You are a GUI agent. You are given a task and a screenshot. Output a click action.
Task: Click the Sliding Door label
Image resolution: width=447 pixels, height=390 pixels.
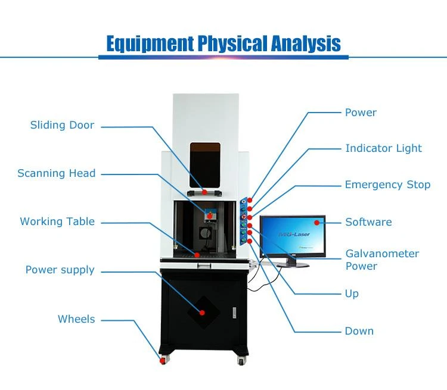62,125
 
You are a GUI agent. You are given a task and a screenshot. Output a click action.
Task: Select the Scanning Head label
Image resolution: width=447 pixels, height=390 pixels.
57,173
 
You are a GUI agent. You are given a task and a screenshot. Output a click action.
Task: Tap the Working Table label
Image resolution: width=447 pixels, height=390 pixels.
57,221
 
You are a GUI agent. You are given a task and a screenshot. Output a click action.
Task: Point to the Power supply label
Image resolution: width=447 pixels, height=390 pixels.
60,270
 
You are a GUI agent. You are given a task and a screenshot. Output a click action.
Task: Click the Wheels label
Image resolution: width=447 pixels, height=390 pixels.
76,319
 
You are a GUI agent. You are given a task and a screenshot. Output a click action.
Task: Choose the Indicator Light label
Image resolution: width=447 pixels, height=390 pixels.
383,148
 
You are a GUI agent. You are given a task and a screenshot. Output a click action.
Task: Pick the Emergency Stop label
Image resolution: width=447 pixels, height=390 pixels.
387,185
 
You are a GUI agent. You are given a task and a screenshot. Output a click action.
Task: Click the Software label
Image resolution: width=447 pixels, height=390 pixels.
368,222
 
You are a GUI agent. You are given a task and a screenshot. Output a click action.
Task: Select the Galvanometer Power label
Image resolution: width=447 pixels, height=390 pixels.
382,260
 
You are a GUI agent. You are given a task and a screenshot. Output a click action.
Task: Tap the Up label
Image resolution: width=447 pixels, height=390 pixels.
352,294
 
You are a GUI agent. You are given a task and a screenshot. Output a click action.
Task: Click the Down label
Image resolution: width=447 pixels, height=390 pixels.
359,331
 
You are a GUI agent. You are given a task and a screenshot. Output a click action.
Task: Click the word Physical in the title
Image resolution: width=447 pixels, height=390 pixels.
232,43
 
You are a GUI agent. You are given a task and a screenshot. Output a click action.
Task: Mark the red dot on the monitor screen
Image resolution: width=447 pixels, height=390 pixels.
316,223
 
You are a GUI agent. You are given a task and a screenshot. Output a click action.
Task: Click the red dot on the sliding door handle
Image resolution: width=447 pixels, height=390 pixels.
204,192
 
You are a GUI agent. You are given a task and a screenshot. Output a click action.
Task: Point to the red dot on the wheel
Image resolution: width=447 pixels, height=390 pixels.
163,361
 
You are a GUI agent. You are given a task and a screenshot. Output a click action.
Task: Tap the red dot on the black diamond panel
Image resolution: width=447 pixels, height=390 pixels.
202,313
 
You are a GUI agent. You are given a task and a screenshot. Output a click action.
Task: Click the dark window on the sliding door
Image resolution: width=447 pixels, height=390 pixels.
205,166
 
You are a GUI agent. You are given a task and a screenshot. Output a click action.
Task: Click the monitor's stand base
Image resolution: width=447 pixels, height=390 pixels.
293,265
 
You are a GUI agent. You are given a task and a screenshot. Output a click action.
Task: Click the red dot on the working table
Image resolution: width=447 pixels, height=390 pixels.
197,255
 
